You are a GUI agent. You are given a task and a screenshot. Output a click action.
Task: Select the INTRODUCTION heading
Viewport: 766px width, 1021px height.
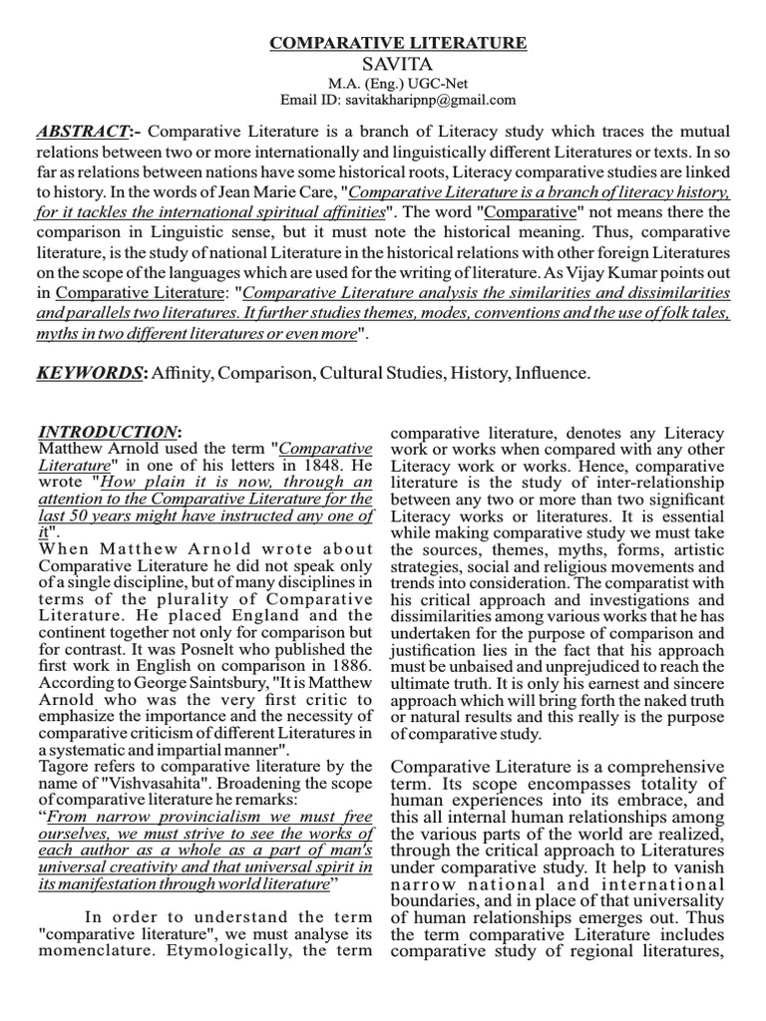tap(108, 432)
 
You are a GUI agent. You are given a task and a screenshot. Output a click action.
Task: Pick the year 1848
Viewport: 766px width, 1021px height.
tap(319, 466)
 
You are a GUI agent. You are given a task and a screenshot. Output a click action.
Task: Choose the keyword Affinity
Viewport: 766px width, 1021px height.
tap(185, 373)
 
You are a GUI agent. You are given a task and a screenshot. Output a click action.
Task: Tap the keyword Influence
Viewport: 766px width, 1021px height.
tap(551, 373)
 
